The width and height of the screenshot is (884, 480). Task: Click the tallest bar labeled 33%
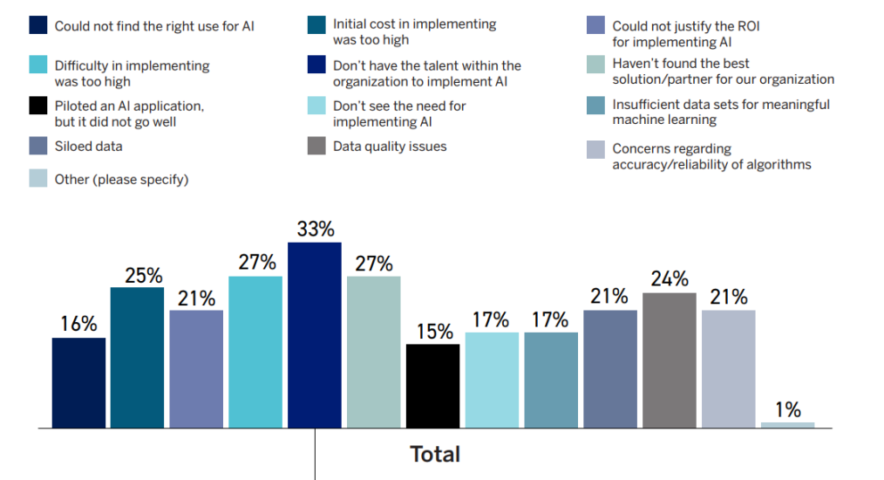[x=314, y=336]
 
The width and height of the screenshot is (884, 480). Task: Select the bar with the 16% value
[x=78, y=383]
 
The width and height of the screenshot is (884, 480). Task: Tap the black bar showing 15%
[x=432, y=386]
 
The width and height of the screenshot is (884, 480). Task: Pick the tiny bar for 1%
[x=787, y=425]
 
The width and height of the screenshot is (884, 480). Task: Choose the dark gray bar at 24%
[x=669, y=360]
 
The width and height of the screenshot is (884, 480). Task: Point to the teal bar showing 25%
[x=137, y=358]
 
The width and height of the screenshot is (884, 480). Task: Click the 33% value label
[x=315, y=230]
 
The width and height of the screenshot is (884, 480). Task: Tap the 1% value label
[x=787, y=408]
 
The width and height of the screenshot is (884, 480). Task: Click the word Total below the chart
[x=435, y=455]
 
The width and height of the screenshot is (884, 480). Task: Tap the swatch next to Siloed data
[x=38, y=147]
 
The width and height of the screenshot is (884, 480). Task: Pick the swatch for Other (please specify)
[x=38, y=179]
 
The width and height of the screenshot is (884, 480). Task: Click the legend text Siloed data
[x=89, y=147]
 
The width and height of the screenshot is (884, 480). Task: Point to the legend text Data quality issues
[x=390, y=147]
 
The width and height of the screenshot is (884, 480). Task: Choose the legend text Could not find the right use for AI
[x=154, y=26]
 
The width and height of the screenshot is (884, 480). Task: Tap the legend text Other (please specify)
[x=121, y=179]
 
